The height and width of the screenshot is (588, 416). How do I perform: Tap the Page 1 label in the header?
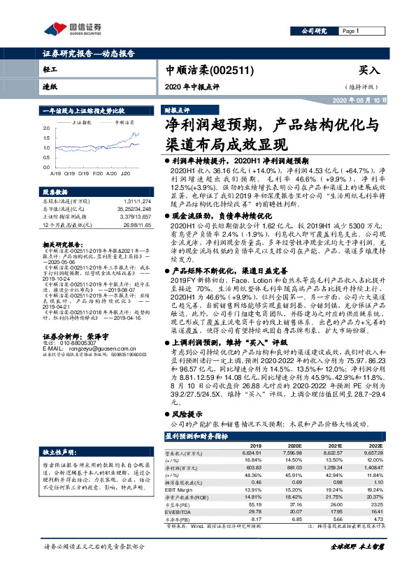click(350, 31)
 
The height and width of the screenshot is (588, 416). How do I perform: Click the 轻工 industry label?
click(50, 71)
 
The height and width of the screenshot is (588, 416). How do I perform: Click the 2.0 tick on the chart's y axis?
click(46, 129)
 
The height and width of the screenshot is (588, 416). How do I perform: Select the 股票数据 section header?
click(56, 191)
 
